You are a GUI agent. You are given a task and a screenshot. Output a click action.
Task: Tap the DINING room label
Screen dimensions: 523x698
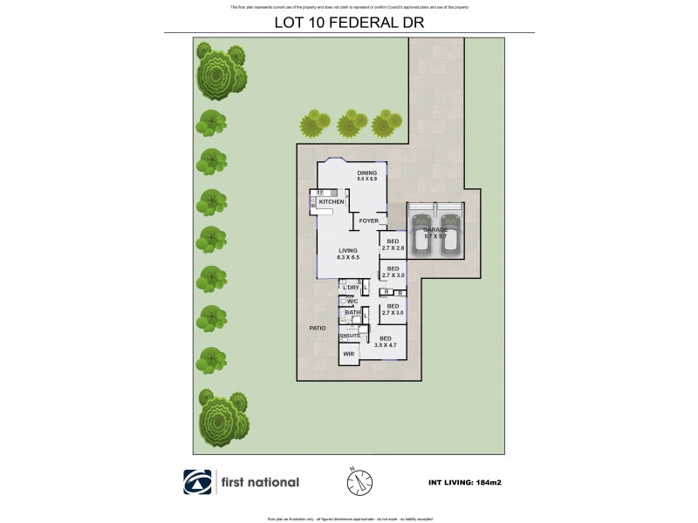point(366,173)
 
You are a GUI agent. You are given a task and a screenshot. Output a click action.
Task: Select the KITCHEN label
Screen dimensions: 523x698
point(332,202)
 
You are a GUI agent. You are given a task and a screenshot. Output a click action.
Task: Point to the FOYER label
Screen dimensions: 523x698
point(368,221)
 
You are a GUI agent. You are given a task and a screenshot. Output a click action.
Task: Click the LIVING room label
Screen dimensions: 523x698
point(349,251)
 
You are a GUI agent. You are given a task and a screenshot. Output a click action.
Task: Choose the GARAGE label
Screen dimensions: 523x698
point(435,229)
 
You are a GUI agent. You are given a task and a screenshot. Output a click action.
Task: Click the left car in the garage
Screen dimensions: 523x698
point(421,233)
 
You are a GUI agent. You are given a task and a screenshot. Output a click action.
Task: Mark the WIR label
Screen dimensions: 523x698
point(348,354)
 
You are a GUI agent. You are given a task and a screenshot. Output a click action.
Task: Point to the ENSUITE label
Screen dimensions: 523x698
point(350,335)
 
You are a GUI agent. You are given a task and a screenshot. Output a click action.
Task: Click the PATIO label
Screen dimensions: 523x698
point(317,328)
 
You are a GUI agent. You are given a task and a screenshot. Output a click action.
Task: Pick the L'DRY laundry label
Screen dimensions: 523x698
point(352,287)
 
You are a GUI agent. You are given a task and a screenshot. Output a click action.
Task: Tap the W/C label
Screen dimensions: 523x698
point(352,301)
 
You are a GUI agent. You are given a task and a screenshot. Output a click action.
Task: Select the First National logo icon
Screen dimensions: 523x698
point(196,482)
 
